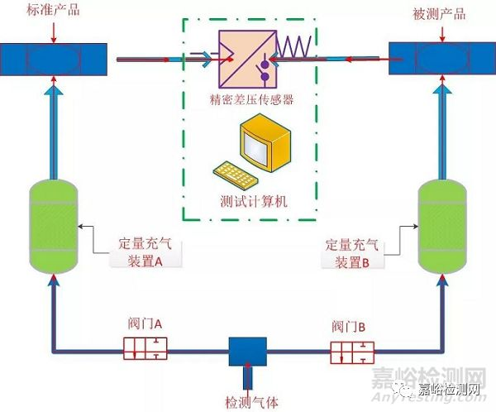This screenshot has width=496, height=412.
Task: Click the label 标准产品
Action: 53,10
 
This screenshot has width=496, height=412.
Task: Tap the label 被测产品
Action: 440,15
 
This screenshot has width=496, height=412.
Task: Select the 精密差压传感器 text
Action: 252,99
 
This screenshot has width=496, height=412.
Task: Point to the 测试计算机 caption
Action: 254,201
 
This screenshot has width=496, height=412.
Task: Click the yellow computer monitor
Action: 265,142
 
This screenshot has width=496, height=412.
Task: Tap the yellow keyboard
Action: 235,174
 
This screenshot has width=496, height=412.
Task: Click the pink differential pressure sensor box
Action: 248,59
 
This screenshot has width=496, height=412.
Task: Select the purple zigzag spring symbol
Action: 293,47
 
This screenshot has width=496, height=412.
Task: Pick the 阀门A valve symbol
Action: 145,348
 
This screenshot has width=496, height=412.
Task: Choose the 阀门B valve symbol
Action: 352,352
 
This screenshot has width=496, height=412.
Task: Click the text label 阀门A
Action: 145,324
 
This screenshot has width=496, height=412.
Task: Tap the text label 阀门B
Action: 349,327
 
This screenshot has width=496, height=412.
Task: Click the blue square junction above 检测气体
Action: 248,352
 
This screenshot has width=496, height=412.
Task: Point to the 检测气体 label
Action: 251,403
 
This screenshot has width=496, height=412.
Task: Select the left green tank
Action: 54,227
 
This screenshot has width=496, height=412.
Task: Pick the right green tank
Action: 442,227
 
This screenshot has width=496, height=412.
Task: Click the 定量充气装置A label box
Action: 145,253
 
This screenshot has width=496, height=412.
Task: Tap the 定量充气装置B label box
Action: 352,254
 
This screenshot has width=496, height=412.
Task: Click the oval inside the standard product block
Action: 54,60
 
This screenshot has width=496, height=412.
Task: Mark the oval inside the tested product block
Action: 442,60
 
